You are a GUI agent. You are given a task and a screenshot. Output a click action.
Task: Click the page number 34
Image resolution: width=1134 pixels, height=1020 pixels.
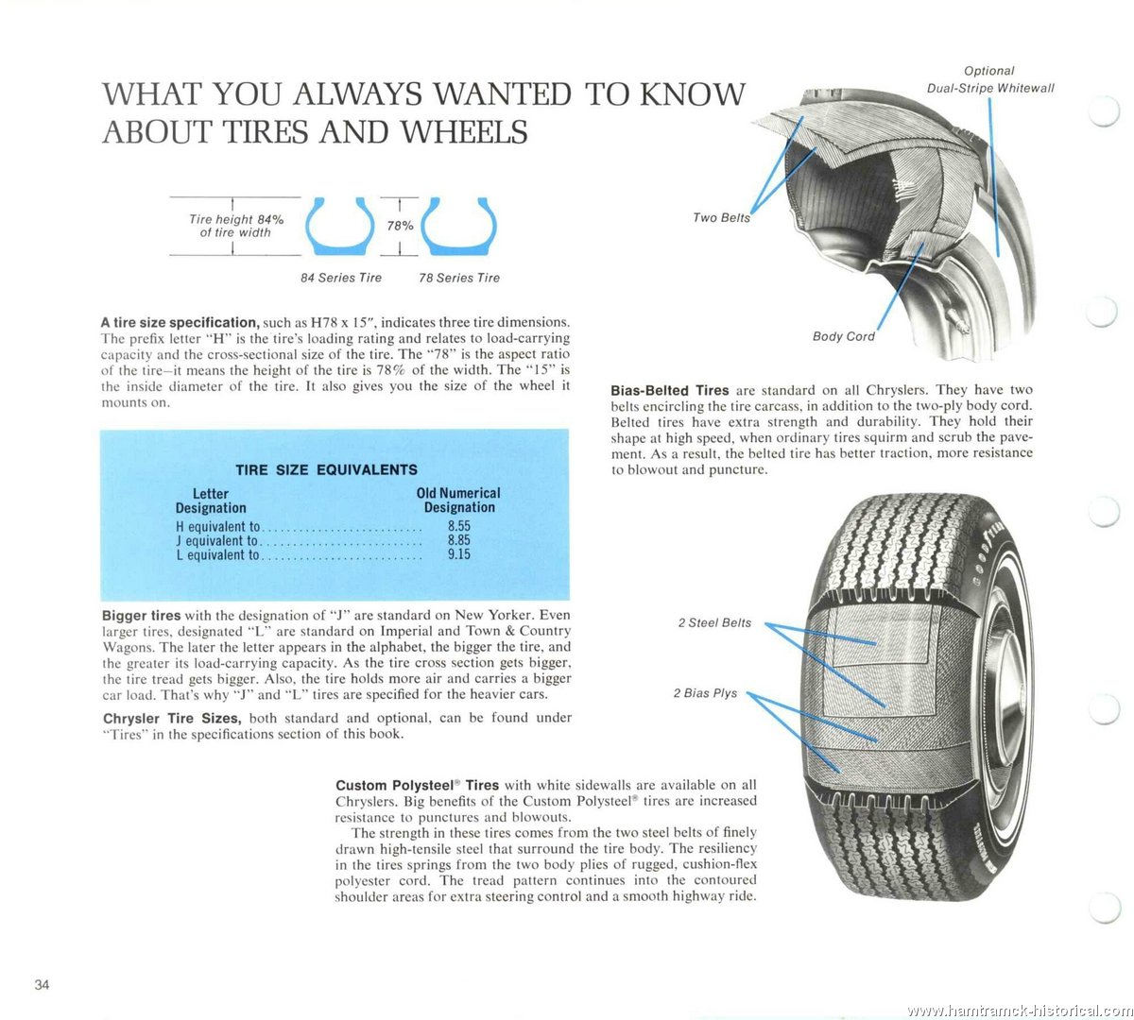pos(42,985)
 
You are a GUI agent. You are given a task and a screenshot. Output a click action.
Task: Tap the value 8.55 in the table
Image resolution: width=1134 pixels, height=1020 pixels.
pos(459,526)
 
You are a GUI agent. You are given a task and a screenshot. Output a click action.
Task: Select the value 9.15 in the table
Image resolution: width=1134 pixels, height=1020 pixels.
pos(459,554)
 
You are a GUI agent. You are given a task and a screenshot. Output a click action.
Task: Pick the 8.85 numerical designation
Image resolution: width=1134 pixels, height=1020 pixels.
pos(459,540)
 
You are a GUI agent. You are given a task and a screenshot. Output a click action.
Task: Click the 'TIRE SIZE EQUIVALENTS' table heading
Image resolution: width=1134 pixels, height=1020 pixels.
pos(326,469)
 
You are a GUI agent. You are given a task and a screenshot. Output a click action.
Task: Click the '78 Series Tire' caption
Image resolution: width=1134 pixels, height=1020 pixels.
pos(459,278)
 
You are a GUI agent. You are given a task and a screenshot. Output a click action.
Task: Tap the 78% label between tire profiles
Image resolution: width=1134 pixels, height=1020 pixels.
pos(401,226)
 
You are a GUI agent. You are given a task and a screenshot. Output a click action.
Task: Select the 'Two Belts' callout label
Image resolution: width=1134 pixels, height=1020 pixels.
pos(721,218)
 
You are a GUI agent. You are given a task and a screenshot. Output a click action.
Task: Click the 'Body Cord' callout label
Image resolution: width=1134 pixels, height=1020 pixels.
pos(844,336)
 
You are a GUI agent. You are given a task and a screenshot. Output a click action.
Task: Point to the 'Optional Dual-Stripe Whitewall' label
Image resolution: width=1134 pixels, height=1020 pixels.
pos(989,79)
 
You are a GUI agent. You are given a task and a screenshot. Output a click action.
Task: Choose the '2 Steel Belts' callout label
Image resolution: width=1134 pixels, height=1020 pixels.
pos(714,622)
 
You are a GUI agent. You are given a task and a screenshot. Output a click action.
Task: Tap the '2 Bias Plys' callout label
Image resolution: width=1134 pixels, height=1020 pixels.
pos(705,693)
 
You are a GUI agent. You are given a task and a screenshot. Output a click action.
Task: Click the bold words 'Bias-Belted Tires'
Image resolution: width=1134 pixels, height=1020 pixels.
pos(670,390)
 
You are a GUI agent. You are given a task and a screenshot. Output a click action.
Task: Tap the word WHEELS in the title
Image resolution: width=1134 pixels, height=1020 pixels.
pos(465,131)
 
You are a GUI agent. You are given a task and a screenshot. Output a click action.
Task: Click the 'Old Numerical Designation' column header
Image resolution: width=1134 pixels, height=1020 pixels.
pos(458,500)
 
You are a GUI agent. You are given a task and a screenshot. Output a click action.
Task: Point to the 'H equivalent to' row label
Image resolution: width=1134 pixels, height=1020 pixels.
pos(217,526)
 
